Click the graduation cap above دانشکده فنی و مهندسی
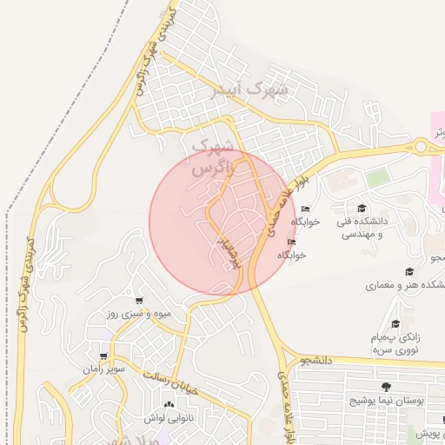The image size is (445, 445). point(362,208)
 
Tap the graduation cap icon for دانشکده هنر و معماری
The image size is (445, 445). point(408,271)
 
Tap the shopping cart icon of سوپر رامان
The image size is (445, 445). point(104,356)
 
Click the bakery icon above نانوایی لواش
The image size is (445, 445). point(169,404)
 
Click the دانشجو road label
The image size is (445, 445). point(316,358)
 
